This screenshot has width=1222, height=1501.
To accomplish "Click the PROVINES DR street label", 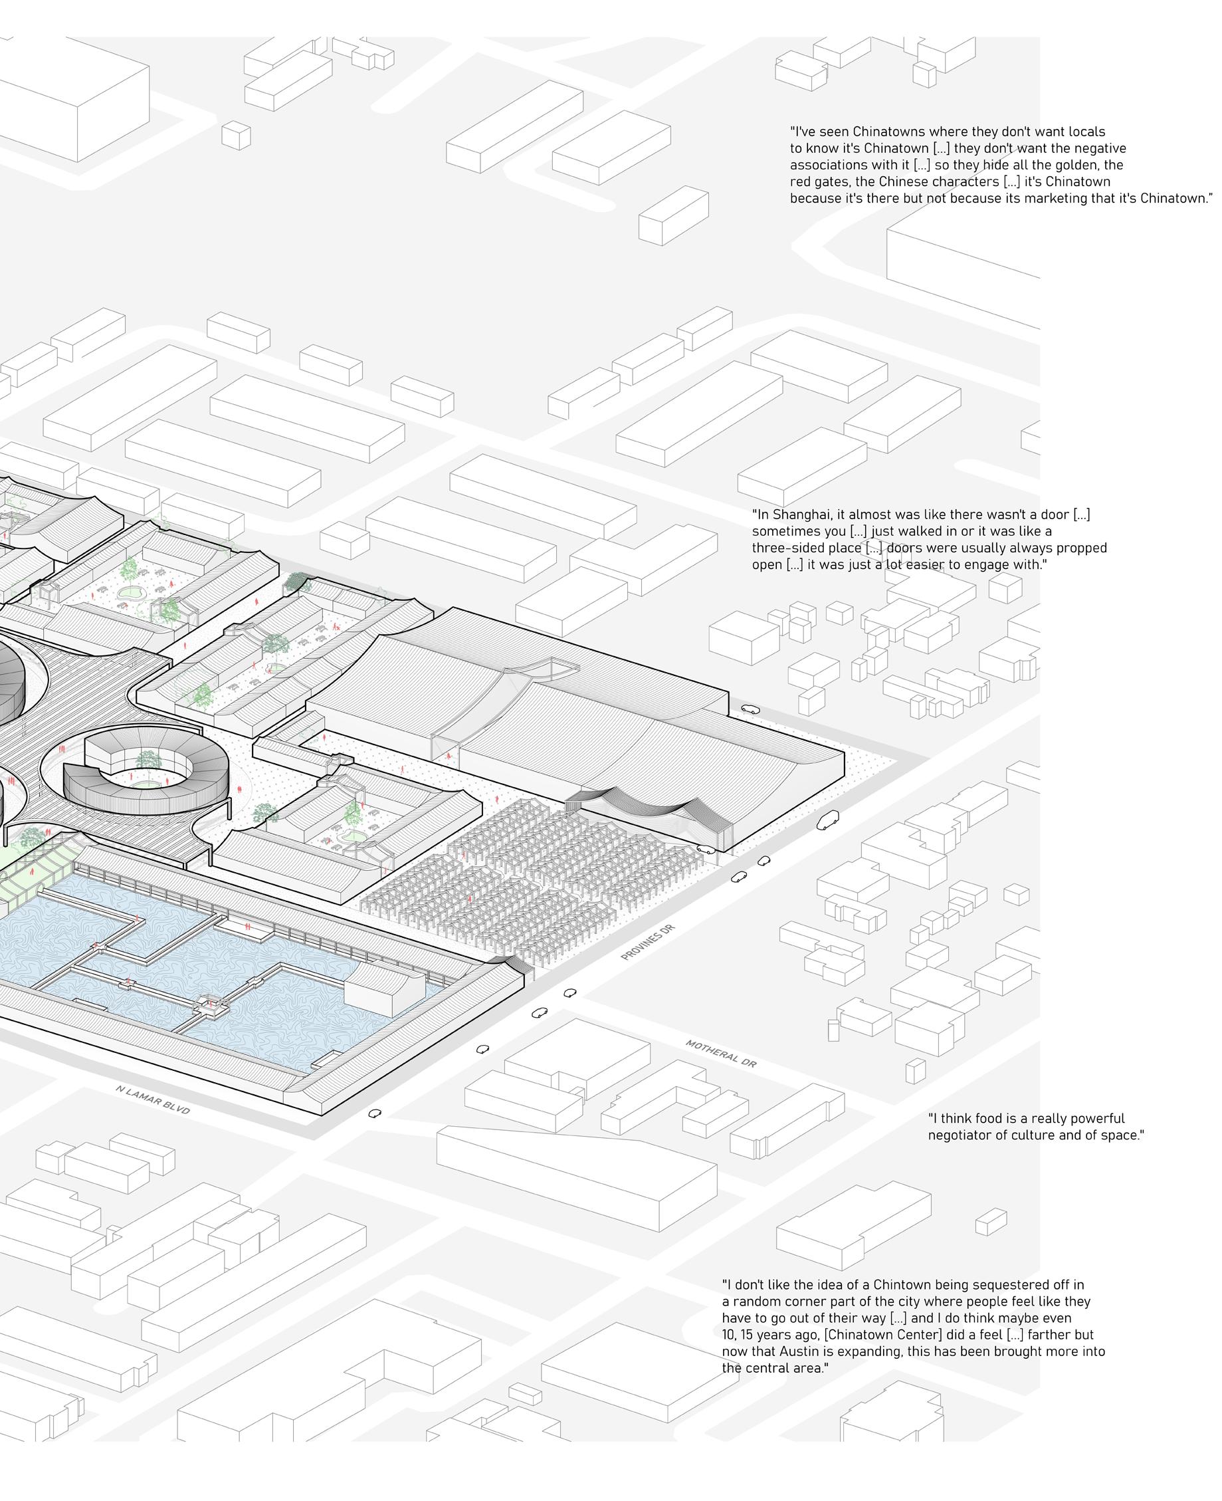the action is (x=647, y=943).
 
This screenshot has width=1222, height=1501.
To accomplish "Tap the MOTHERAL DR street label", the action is (x=721, y=1053).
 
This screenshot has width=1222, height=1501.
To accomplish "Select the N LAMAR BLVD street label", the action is (x=153, y=1099).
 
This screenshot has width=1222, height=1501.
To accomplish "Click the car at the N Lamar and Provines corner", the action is (x=375, y=1113).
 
